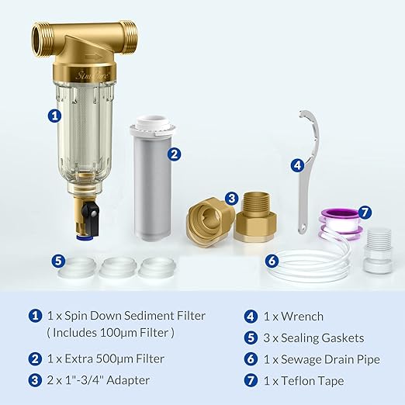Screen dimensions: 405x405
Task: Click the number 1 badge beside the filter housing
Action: [x=54, y=116]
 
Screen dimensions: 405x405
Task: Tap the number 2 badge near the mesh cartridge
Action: [x=175, y=154]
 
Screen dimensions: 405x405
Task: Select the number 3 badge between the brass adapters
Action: [x=231, y=199]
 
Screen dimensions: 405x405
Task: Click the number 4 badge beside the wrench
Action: [x=296, y=165]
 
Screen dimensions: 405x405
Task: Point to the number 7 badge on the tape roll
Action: [x=365, y=212]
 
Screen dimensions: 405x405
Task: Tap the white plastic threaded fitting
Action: [x=378, y=248]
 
